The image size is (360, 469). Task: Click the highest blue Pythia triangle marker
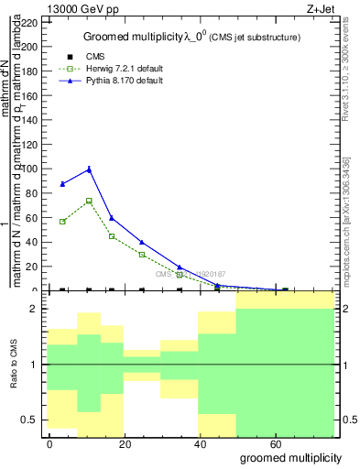coord(89,169)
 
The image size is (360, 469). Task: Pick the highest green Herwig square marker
coord(89,201)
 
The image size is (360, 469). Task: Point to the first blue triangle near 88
coord(62,184)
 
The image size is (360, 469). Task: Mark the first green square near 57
coord(62,222)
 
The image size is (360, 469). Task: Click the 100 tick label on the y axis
coord(30,169)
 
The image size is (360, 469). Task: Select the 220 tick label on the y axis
coord(30,22)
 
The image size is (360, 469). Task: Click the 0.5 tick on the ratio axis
coord(30,420)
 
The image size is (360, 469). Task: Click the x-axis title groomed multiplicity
coord(290,457)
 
